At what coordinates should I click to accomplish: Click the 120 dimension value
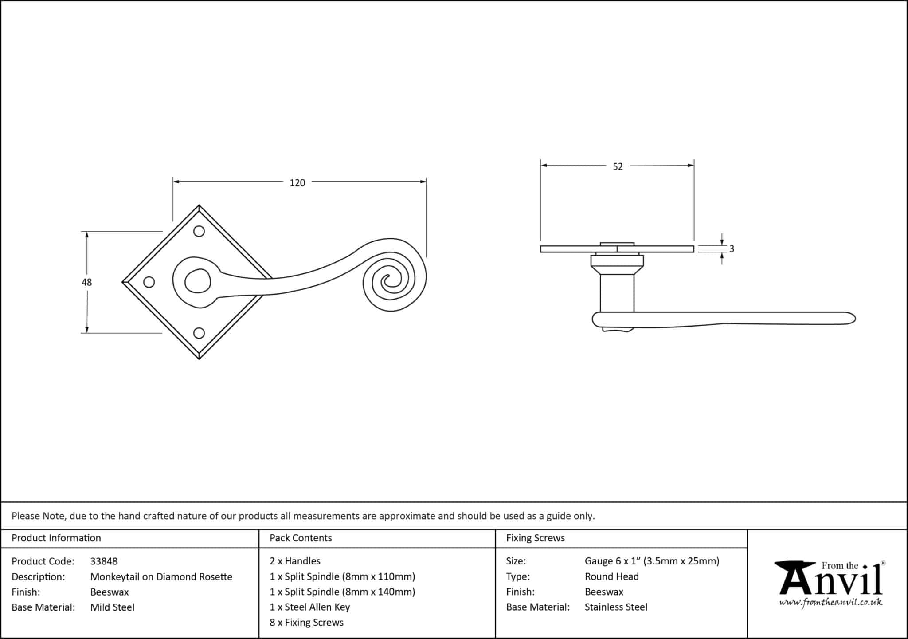pos(297,183)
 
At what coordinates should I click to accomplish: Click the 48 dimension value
pos(86,282)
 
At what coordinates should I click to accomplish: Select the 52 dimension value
pos(618,166)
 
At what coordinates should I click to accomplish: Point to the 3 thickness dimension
pos(731,249)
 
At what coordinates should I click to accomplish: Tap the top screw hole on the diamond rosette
pos(199,231)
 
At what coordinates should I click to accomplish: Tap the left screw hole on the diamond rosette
pos(149,282)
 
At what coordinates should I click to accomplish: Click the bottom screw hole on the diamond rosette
pos(199,333)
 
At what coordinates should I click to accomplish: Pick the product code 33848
pos(104,561)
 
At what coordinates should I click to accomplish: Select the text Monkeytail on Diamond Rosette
pos(161,577)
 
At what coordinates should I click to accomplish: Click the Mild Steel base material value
pos(112,607)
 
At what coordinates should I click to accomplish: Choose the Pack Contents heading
pos(301,538)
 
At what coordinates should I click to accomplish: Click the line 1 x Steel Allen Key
pos(309,607)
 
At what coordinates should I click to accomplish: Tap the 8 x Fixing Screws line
pos(306,623)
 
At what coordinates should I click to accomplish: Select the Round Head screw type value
pos(611,577)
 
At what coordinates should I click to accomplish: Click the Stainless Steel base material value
pos(616,607)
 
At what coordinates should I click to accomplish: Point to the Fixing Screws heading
pos(535,538)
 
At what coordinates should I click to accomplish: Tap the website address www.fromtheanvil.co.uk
pos(830,603)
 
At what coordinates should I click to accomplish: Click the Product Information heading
pos(56,538)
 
